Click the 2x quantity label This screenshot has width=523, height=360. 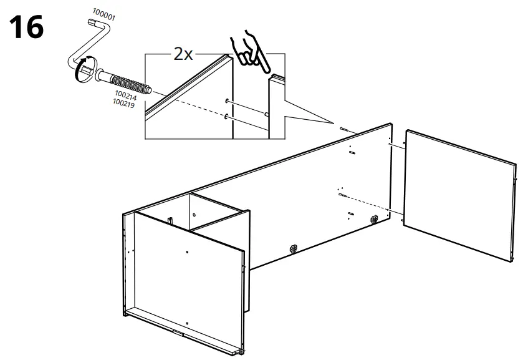point(182,54)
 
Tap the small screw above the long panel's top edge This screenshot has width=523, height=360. point(344,130)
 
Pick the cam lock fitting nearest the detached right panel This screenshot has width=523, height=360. point(375,219)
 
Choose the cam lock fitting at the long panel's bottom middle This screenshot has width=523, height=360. point(292,248)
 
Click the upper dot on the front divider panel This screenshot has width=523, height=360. point(186,251)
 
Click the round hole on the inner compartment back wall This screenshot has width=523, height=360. point(193,215)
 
